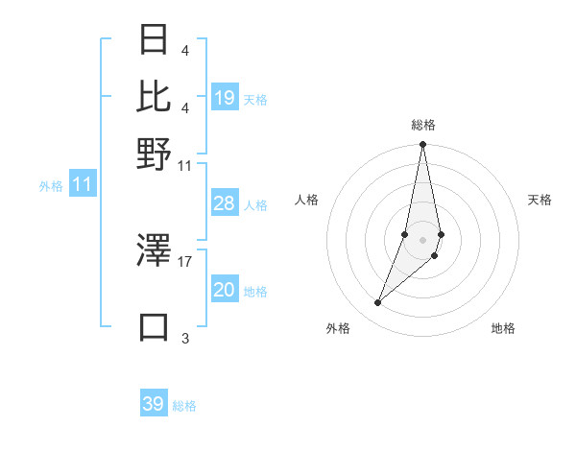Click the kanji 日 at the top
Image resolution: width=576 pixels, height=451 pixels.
point(154,40)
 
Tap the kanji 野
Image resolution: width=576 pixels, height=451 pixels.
point(154,154)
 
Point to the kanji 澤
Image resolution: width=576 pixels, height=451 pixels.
point(154,252)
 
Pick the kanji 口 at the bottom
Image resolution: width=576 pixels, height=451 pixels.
point(154,326)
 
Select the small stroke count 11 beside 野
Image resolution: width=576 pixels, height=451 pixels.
point(185,165)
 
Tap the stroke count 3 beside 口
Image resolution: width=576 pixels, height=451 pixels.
point(185,338)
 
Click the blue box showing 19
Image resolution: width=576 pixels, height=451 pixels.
point(225,97)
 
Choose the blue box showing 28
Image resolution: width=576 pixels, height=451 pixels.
point(225,203)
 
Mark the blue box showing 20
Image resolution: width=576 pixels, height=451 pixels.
point(225,290)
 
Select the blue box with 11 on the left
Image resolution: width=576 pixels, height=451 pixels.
point(82,184)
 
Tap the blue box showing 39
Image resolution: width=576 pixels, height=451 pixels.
point(154,404)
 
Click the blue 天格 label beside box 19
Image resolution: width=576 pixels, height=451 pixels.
point(255,99)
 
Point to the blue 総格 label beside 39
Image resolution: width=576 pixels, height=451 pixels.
point(184,406)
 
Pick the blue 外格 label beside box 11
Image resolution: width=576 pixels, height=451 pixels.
point(51,186)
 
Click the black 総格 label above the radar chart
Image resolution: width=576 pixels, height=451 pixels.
point(423,125)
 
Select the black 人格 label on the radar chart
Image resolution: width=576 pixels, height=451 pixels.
point(307,200)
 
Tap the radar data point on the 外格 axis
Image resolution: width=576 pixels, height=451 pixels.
point(378,303)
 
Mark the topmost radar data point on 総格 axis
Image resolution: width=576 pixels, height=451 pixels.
point(422,145)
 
